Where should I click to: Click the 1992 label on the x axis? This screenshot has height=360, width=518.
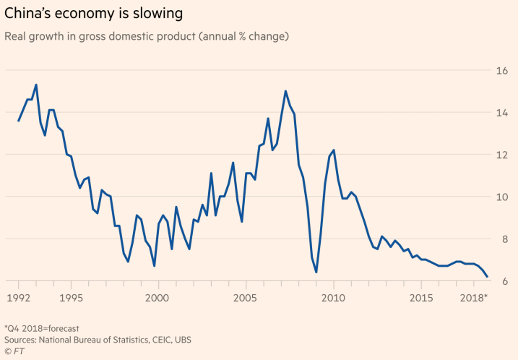(x=18, y=298)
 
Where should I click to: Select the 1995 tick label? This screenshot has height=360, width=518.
(x=71, y=298)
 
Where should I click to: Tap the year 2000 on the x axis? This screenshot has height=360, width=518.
(x=158, y=298)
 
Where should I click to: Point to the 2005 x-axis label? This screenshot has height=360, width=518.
(x=246, y=298)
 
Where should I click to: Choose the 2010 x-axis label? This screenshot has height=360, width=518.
(x=333, y=298)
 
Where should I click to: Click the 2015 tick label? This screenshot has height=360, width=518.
(x=421, y=298)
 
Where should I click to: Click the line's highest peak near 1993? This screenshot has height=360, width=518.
(x=36, y=85)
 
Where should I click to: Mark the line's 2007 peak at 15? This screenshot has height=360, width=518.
(x=285, y=91)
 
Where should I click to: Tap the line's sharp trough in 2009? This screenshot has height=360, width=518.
(x=316, y=273)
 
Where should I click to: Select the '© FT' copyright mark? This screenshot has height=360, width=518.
(x=15, y=351)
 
